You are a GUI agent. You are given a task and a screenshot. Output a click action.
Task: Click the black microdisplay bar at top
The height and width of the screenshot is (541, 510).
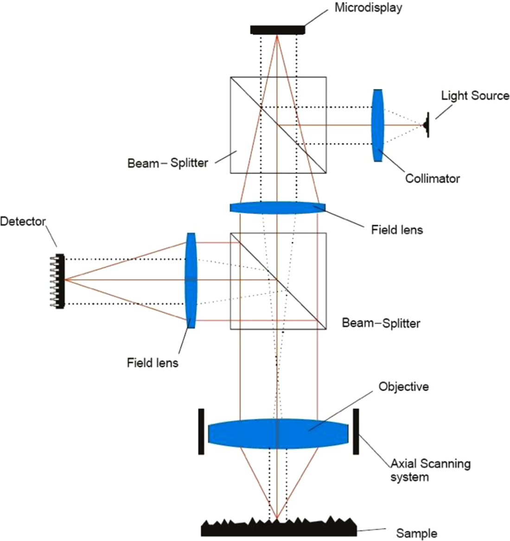pyautogui.click(x=277, y=30)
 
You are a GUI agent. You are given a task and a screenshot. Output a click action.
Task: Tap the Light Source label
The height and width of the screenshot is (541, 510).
pyautogui.click(x=475, y=96)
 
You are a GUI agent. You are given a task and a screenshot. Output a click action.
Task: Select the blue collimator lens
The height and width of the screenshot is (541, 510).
pyautogui.click(x=378, y=125)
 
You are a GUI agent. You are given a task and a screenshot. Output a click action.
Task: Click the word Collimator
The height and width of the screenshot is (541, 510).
pyautogui.click(x=432, y=178)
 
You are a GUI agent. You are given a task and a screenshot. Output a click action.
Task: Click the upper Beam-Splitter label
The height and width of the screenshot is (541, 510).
pyautogui.click(x=167, y=163)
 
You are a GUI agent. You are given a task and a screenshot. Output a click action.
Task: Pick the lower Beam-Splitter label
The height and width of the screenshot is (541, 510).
pyautogui.click(x=381, y=323)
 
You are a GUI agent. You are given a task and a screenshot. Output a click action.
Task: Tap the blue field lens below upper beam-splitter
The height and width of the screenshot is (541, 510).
pyautogui.click(x=277, y=207)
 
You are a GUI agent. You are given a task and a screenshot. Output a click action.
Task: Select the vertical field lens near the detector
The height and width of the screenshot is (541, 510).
pyautogui.click(x=191, y=280)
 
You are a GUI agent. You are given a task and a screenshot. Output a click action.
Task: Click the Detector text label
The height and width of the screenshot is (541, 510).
pyautogui.click(x=23, y=221)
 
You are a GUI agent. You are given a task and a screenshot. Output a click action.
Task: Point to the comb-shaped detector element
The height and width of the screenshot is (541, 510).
pyautogui.click(x=60, y=281)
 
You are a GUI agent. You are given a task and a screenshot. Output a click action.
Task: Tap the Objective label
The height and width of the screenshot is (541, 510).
pyautogui.click(x=403, y=386)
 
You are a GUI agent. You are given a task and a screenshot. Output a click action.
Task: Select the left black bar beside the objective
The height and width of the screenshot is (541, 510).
pyautogui.click(x=201, y=432)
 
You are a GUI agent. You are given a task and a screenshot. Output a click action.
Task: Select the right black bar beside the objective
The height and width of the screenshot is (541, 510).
pyautogui.click(x=356, y=432)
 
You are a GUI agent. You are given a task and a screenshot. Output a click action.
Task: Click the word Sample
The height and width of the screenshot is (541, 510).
pyautogui.click(x=416, y=533)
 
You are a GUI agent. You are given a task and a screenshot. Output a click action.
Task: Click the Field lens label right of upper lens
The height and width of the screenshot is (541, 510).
pyautogui.click(x=397, y=229)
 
